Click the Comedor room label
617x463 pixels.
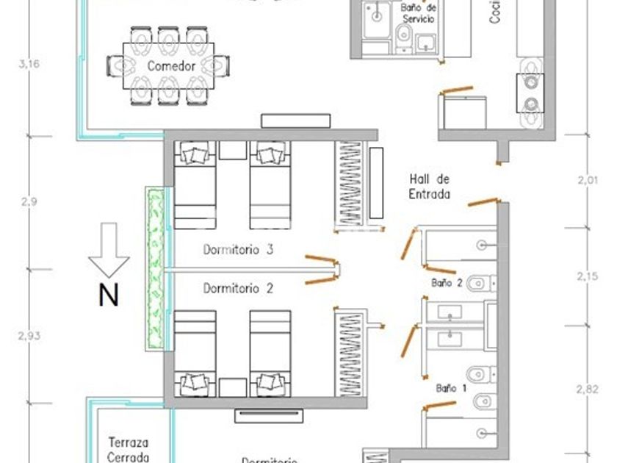(x=171, y=66)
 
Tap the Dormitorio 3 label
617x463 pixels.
(x=238, y=250)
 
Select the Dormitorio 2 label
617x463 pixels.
(x=238, y=289)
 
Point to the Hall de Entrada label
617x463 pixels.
(x=430, y=187)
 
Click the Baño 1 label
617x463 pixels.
(x=451, y=387)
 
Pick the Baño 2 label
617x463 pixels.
(x=447, y=282)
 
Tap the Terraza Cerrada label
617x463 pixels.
(x=129, y=450)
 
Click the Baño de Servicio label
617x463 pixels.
(x=419, y=12)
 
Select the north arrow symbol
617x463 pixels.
(x=108, y=250)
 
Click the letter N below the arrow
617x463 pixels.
(x=108, y=295)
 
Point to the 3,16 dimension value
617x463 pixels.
(x=29, y=64)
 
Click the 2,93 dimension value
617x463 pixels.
(x=29, y=336)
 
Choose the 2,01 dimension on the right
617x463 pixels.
(x=588, y=178)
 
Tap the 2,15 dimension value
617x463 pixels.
(x=588, y=276)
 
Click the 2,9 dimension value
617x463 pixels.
(x=29, y=201)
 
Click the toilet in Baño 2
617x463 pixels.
(x=479, y=281)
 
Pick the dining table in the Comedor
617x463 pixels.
(x=170, y=66)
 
